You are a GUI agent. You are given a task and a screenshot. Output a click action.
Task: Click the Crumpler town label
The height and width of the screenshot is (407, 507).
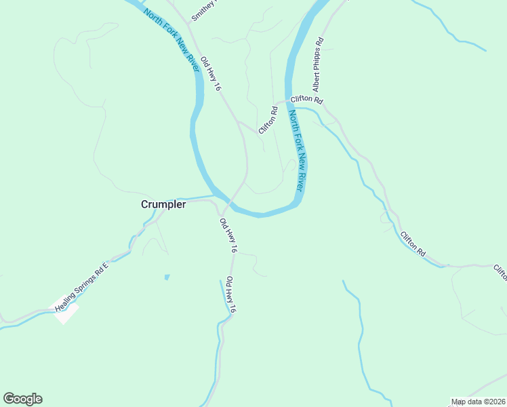click(x=163, y=204)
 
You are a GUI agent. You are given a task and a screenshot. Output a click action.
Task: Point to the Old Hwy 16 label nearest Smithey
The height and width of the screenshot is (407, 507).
click(x=211, y=74)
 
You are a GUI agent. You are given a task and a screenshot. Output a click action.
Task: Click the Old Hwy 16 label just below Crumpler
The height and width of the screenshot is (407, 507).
click(x=228, y=235)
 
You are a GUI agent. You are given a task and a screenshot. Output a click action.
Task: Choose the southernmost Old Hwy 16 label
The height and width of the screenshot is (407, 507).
click(x=231, y=294)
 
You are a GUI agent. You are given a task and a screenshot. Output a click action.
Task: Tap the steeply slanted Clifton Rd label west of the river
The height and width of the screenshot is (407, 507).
click(x=268, y=119)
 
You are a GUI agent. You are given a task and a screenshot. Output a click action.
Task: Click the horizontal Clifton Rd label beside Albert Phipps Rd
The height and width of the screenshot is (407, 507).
click(x=306, y=100)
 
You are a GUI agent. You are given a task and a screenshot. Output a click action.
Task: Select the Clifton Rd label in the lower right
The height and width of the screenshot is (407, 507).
click(x=413, y=244)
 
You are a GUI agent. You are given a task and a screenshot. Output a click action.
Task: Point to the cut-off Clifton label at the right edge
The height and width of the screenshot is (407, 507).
click(x=500, y=271)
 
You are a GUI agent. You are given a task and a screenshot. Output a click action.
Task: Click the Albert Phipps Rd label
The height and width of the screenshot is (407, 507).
click(x=318, y=65)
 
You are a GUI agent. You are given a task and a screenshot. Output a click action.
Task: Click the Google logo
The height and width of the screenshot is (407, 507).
click(x=22, y=399)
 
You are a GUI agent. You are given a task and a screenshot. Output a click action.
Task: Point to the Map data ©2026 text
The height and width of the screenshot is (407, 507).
click(x=479, y=402)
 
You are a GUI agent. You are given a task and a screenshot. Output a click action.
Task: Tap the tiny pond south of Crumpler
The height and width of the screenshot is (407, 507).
click(x=167, y=277)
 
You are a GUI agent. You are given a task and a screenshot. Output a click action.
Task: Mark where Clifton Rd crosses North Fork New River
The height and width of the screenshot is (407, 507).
click(x=290, y=102)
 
